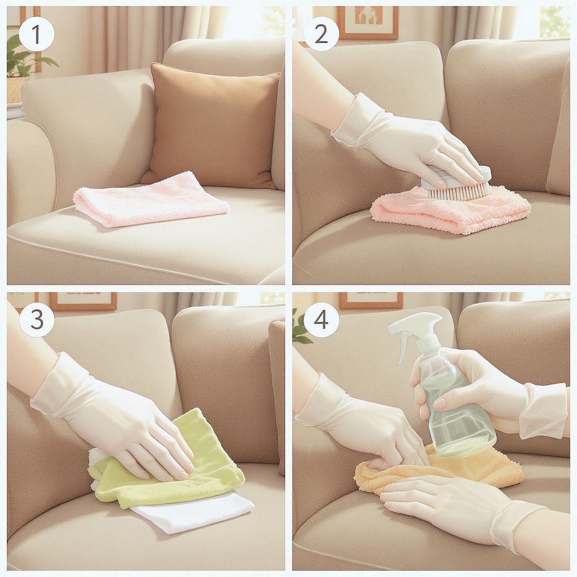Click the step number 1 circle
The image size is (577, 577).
(37, 34)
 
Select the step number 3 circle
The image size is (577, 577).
(37, 319)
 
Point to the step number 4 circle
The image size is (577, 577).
(321, 319)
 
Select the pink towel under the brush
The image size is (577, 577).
(450, 210)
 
